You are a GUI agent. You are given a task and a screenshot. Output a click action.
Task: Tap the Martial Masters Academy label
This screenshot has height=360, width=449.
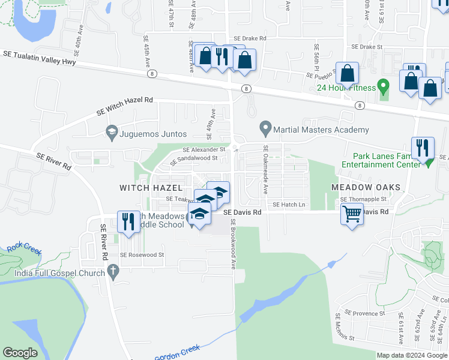[321, 130]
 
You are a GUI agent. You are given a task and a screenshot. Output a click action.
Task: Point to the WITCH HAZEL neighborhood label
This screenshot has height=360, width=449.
[150, 188]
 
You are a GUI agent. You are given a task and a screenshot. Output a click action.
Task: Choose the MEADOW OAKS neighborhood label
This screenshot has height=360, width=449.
[366, 188]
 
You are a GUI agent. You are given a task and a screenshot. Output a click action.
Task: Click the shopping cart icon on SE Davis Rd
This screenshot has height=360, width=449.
[351, 213]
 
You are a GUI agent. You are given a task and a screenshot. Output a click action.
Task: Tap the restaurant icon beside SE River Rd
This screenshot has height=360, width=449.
[127, 221]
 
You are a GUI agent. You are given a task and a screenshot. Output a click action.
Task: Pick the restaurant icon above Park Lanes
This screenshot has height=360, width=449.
[423, 146]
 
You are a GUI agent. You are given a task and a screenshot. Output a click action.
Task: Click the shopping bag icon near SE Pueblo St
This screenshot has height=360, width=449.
[348, 74]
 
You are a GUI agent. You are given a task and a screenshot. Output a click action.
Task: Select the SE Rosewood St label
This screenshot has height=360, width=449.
[142, 255]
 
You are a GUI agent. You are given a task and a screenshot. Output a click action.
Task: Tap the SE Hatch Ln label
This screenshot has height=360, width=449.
[289, 205]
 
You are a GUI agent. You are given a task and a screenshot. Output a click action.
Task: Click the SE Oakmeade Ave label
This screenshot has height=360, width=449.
[265, 169]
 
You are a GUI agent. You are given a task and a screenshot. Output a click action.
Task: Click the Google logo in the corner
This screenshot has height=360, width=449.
[20, 353]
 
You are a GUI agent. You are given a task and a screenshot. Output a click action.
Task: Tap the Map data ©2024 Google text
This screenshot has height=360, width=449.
[411, 355]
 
